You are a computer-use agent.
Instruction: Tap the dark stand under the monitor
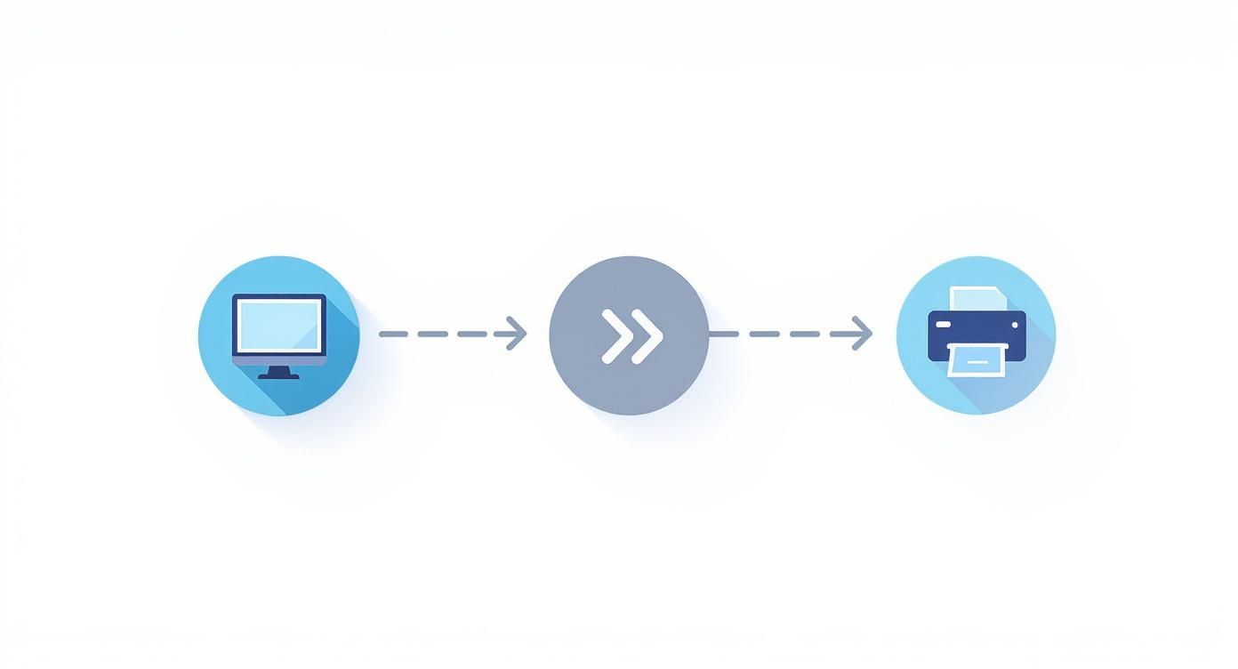point(279,374)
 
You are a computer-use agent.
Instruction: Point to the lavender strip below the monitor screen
point(279,361)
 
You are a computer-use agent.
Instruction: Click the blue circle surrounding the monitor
point(222,374)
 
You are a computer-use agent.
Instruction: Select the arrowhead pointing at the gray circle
point(516,334)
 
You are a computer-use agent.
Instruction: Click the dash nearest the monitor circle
point(393,334)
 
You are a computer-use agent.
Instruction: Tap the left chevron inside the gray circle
point(615,336)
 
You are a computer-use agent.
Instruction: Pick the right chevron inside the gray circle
point(647,336)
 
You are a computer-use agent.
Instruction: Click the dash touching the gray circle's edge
point(723,334)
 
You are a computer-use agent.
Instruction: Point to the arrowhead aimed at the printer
point(861,334)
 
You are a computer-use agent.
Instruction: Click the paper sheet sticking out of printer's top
point(974,299)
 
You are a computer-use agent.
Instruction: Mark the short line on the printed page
point(977,361)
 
